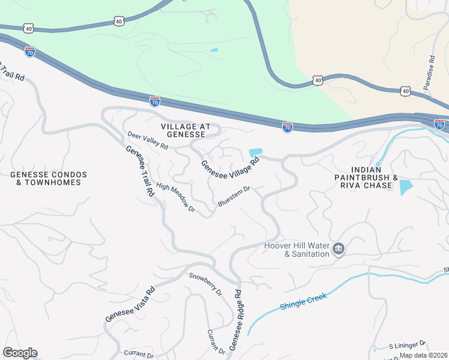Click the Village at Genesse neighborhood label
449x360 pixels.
186,131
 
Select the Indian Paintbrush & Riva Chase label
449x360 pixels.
366,182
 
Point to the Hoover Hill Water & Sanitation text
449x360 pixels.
297,250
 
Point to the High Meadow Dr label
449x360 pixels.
176,197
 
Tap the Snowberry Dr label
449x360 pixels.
205,285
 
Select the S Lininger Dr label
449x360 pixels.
406,344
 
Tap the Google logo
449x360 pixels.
19,353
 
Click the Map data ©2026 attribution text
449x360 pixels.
423,355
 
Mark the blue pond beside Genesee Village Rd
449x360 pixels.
255,152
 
